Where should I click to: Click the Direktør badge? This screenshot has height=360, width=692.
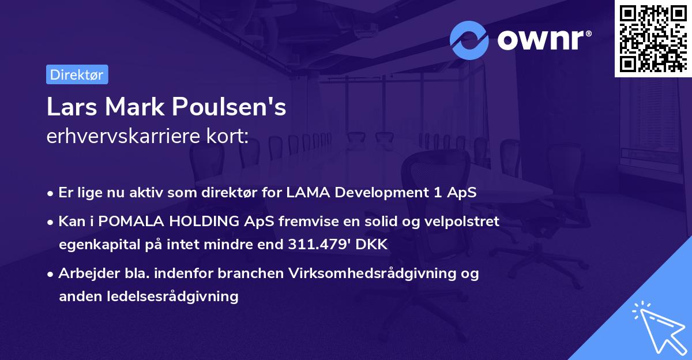(x=77, y=75)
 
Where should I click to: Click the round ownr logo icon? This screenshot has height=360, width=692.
(x=469, y=40)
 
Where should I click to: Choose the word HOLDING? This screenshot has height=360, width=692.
(x=190, y=222)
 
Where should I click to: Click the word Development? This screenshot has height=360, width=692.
(x=364, y=193)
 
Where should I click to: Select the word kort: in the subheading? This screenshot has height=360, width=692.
(x=231, y=136)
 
